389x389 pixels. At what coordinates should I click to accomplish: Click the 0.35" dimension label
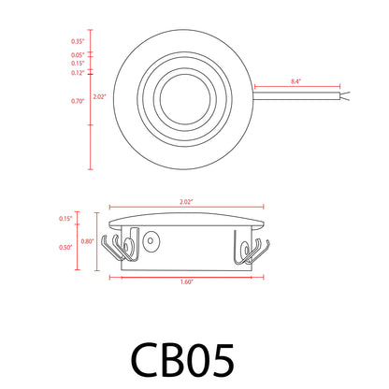coord(77,42)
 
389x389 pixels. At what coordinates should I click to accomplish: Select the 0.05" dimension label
coord(77,55)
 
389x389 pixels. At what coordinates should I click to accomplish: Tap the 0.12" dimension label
coord(77,72)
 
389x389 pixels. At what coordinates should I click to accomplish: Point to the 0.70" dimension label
coord(77,99)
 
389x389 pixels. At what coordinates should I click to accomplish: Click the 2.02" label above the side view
coord(188,200)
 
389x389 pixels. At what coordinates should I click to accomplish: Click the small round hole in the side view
coord(151,241)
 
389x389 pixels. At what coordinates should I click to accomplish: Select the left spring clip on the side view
coord(122,249)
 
